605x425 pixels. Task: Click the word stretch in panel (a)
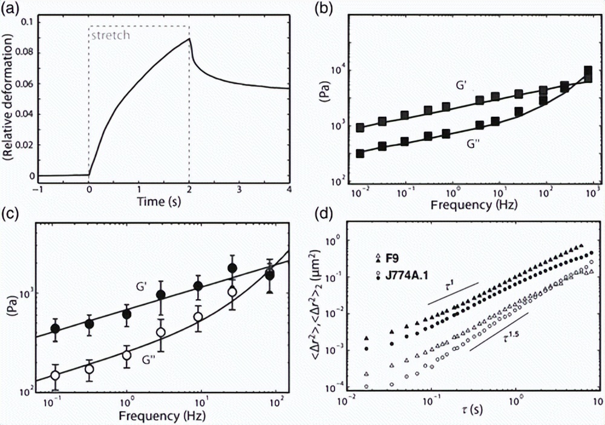[x=110, y=35]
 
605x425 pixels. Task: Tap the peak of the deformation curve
[x=190, y=39]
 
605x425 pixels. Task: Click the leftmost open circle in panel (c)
[x=55, y=375]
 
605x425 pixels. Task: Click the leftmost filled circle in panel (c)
[x=55, y=329]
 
